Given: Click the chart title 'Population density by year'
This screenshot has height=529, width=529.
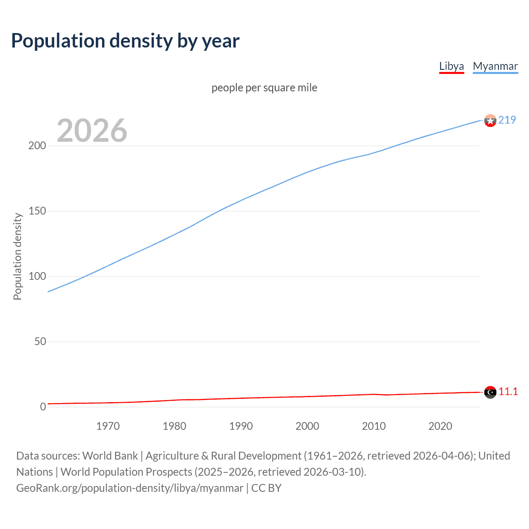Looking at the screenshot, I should point(125,41).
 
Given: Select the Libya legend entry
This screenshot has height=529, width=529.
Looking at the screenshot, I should point(451,66).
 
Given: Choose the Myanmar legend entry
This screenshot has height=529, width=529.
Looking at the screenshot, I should point(495,66).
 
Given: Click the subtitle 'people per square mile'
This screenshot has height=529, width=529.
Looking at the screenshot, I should point(264,88).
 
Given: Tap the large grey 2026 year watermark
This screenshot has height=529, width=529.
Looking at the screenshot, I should point(92,131).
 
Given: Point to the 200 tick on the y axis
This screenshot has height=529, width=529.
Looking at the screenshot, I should point(37,146).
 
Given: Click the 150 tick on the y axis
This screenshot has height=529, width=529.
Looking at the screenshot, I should point(37,211).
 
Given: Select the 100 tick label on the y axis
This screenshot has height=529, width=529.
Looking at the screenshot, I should point(37,276).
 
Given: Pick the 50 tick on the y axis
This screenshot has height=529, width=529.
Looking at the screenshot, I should point(40,342).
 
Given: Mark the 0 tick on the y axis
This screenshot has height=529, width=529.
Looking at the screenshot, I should point(43,407).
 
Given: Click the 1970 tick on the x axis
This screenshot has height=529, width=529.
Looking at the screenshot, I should point(108,426).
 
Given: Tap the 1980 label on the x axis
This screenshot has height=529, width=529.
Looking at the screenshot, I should point(174,426).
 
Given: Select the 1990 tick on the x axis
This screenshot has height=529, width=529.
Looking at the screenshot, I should point(241,426).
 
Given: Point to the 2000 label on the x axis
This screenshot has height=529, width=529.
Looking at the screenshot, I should point(307,426).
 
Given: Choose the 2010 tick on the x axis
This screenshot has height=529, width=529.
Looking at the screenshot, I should point(374,426).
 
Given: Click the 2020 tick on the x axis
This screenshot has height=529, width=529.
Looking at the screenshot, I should point(440,426).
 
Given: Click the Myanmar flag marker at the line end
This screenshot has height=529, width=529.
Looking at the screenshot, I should point(490,121).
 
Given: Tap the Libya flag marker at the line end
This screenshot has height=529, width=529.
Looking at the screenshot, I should point(490,392).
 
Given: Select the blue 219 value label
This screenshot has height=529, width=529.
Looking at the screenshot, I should point(507,120).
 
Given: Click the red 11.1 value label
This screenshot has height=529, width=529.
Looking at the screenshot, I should point(508,392).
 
